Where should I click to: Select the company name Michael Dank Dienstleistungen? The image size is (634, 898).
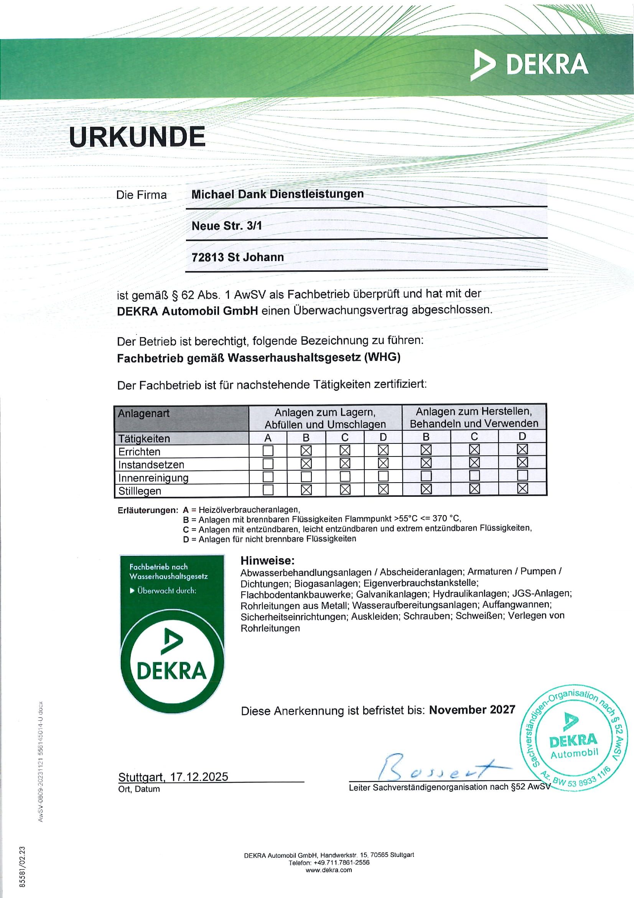point(277,194)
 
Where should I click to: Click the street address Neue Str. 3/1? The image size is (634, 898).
point(227,226)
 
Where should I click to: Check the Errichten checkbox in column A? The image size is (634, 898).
point(268,451)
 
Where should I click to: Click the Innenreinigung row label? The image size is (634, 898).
point(153,478)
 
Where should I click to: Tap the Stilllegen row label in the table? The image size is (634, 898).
point(140,491)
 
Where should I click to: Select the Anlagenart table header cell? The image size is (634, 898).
point(143,413)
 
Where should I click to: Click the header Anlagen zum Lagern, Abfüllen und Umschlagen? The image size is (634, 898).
point(325,418)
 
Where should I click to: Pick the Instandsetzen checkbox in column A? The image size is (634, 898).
point(268,464)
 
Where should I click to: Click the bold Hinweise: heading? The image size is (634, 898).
point(268,561)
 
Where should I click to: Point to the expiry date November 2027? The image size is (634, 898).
point(472,710)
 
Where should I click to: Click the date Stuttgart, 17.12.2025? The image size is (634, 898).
point(173,776)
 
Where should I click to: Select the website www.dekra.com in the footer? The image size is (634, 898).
point(329,870)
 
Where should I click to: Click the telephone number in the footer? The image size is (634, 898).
point(329,862)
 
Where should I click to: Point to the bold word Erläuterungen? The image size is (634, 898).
point(148,510)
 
